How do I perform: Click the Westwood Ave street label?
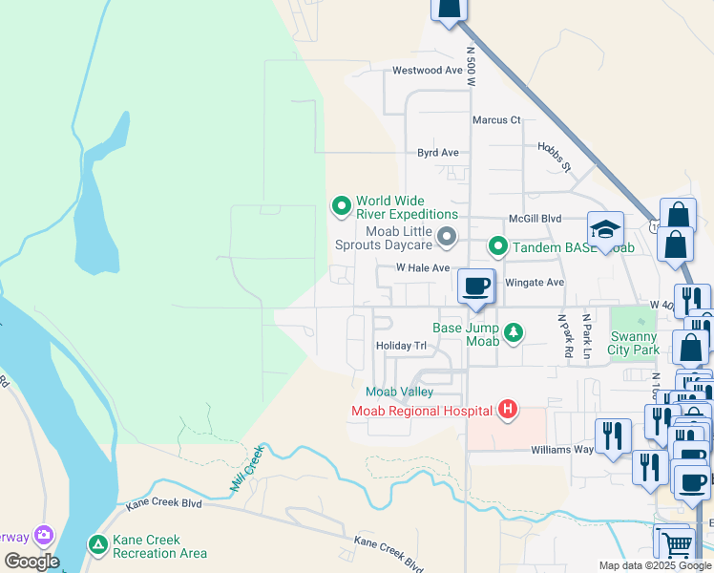[428, 71]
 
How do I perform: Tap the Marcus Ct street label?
[496, 120]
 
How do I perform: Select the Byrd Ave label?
[438, 153]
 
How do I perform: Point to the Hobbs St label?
[553, 158]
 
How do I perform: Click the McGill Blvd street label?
[535, 219]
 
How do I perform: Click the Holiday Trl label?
[401, 346]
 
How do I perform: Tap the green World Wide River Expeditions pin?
[341, 205]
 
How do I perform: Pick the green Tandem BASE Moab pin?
[497, 247]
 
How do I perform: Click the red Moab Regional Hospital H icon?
[508, 411]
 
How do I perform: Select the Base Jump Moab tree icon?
[514, 331]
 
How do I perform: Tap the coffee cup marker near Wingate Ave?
[475, 285]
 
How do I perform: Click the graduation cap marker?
[605, 229]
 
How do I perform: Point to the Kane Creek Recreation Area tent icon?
[96, 545]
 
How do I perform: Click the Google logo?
[31, 562]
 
